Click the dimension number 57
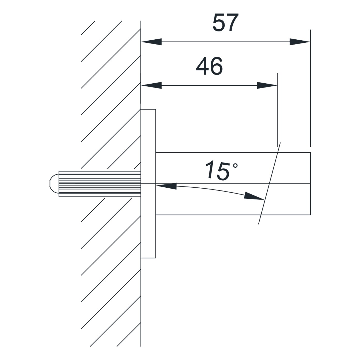[x=226, y=23]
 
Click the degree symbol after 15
[x=235, y=165]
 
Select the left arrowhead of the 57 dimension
[x=151, y=42]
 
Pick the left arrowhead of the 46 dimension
[x=151, y=85]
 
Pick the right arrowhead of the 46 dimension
[x=267, y=85]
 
